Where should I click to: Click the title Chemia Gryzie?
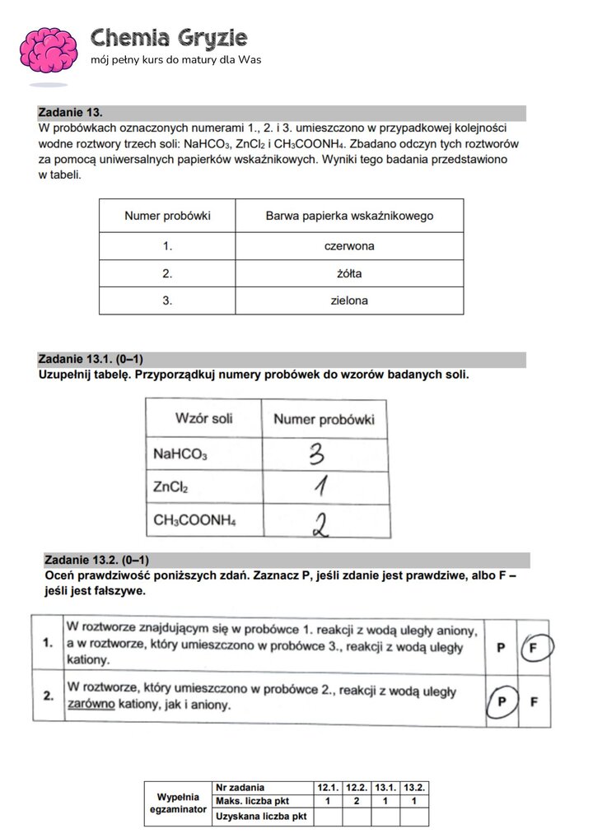pyautogui.click(x=169, y=37)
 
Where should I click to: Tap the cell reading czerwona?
pyautogui.click(x=349, y=245)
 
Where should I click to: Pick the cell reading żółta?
pyautogui.click(x=349, y=273)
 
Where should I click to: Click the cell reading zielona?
pyautogui.click(x=349, y=300)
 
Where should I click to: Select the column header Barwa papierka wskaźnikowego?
pyautogui.click(x=349, y=216)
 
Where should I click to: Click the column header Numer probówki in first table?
pyautogui.click(x=167, y=216)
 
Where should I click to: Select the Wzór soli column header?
pyautogui.click(x=203, y=418)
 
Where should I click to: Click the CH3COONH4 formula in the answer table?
pyautogui.click(x=194, y=521)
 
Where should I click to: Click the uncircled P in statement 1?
pyautogui.click(x=500, y=647)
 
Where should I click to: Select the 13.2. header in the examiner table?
pyautogui.click(x=415, y=788)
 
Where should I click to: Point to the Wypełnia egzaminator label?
pyautogui.click(x=178, y=803)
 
